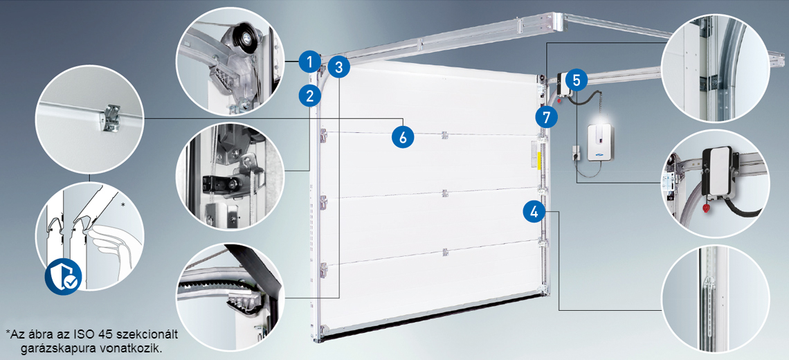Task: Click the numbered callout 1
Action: (309, 62)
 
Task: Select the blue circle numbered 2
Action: (309, 95)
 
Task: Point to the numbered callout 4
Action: (534, 211)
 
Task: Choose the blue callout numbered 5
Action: (576, 80)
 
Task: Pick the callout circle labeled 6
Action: (403, 136)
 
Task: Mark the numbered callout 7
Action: (547, 117)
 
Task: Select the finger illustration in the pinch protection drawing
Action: (111, 246)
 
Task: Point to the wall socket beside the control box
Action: (574, 152)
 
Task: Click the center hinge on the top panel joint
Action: (444, 135)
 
